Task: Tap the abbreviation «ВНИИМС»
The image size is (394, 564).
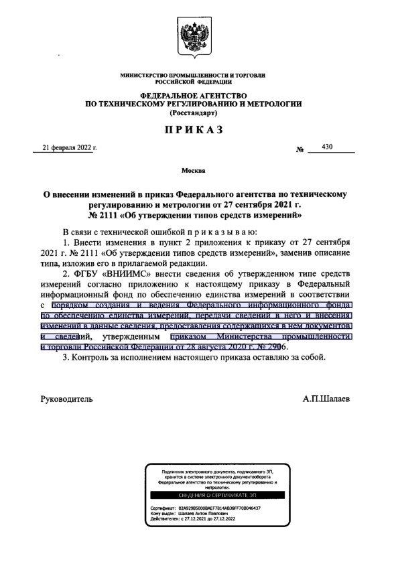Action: point(129,274)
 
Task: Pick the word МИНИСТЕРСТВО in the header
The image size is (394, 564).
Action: point(146,75)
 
